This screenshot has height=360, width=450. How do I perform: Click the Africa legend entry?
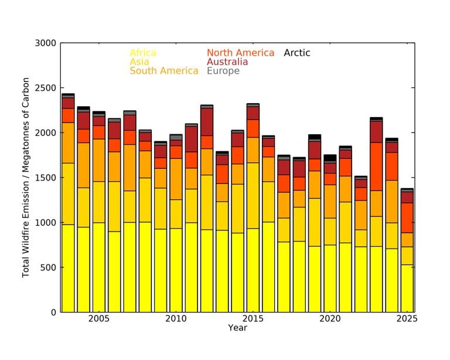pyautogui.click(x=143, y=53)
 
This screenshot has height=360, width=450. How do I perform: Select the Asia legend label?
pyautogui.click(x=139, y=62)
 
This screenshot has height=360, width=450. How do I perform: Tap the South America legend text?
pyautogui.click(x=163, y=71)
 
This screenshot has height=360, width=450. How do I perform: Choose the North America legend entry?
pyautogui.click(x=240, y=53)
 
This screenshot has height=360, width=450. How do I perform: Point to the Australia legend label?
pyautogui.click(x=227, y=62)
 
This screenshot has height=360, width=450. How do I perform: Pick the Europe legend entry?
pyautogui.click(x=223, y=71)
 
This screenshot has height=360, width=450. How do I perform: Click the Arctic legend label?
pyautogui.click(x=297, y=53)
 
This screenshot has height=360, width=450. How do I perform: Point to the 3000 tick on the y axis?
pyautogui.click(x=46, y=43)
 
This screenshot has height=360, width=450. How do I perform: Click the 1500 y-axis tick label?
pyautogui.click(x=46, y=178)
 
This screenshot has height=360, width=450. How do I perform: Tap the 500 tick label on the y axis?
pyautogui.click(x=48, y=267)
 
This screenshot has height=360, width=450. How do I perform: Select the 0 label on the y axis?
pyautogui.click(x=53, y=313)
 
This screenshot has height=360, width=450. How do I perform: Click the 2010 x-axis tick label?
pyautogui.click(x=175, y=319)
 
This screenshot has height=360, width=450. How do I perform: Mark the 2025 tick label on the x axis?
pyautogui.click(x=407, y=319)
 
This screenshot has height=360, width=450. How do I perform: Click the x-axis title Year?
pyautogui.click(x=237, y=328)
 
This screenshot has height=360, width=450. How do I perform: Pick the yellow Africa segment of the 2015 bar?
pyautogui.click(x=253, y=270)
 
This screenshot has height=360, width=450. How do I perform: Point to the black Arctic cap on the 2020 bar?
pyautogui.click(x=330, y=158)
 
